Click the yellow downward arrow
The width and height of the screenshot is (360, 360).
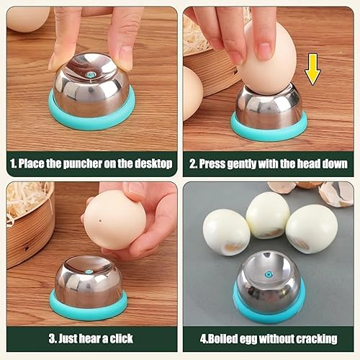(312, 69)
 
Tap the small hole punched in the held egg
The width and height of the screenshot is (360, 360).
(100, 220)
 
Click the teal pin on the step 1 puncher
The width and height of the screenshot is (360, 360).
(91, 75)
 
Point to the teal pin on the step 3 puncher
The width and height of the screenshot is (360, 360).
(89, 272)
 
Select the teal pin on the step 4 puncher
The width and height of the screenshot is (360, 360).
(268, 274)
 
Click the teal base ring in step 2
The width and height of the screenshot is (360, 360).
(269, 131)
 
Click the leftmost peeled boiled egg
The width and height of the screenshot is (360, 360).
(226, 232)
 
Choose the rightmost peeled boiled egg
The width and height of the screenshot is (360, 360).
(312, 230)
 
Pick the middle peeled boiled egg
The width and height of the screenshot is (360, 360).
(268, 215)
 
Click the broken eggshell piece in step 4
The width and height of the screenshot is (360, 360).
(336, 194)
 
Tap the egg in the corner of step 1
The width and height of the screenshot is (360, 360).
(27, 19)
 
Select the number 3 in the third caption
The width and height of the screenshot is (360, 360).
(52, 338)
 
